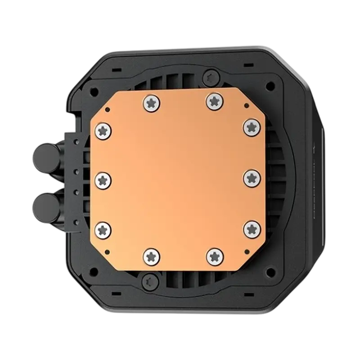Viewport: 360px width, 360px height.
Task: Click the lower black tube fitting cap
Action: click(x=43, y=207)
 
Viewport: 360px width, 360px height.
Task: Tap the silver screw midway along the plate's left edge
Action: click(x=103, y=180)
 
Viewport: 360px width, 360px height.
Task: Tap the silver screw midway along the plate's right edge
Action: click(x=252, y=178)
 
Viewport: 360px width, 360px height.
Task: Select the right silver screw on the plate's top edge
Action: click(x=215, y=101)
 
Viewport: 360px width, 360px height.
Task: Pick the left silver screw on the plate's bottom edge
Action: click(x=151, y=256)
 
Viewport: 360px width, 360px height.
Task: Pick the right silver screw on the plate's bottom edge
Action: click(x=215, y=256)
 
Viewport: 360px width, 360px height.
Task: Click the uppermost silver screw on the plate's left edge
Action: click(x=103, y=131)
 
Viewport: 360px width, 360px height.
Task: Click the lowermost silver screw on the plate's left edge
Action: click(x=103, y=229)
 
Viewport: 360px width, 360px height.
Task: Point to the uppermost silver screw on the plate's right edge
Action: click(x=252, y=127)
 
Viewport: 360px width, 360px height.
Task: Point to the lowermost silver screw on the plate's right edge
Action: click(x=252, y=229)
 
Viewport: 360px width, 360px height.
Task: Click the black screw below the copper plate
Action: click(x=148, y=282)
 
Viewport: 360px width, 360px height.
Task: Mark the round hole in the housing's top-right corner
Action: click(x=270, y=85)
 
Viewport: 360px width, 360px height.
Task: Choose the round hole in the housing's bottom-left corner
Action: click(x=94, y=271)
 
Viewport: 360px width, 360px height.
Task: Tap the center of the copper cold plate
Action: click(x=178, y=179)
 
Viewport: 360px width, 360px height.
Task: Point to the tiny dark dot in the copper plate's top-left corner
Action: click(x=107, y=109)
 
